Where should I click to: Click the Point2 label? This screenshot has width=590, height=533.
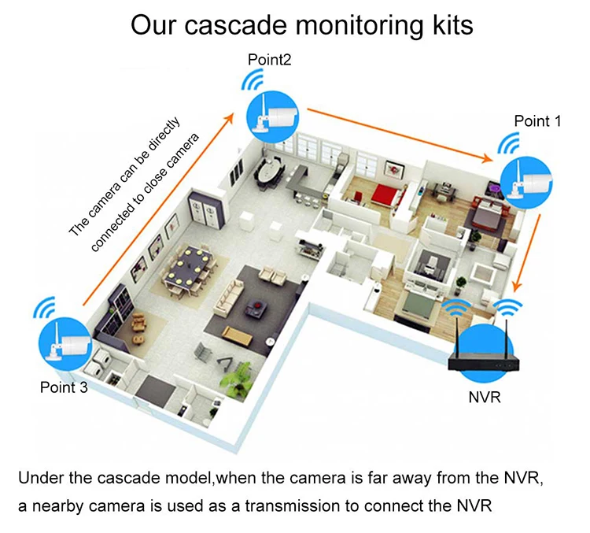[x=269, y=60]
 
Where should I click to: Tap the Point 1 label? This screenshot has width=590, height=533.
[x=537, y=121]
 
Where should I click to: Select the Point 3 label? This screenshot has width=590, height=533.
[x=64, y=387]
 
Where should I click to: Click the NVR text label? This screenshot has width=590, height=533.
[x=485, y=397]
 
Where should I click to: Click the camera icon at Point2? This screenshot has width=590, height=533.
[x=272, y=117]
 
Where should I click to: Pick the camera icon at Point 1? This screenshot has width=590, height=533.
[x=526, y=182]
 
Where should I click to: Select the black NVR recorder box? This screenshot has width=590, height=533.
[x=485, y=361]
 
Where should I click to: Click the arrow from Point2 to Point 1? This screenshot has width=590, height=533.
[x=400, y=135]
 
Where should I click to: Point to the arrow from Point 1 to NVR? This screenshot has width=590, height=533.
[x=528, y=254]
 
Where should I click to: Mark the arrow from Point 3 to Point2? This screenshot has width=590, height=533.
[x=158, y=209]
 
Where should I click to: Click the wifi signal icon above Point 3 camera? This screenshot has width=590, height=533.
[x=44, y=306]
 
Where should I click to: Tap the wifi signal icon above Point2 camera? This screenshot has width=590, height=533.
[x=253, y=80]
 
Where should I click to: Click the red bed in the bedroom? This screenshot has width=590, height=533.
[x=385, y=194]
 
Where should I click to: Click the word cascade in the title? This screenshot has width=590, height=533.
[x=236, y=25]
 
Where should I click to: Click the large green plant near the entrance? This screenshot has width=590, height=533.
[x=237, y=379]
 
